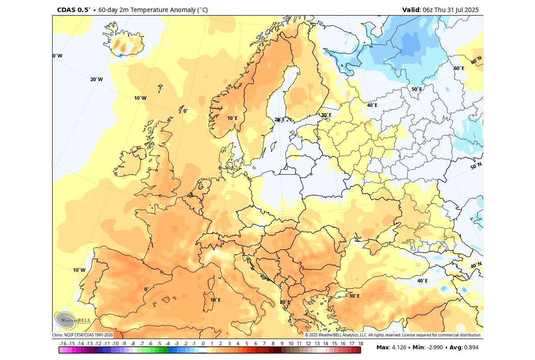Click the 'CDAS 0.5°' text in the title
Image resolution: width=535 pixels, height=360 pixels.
pos(74,10)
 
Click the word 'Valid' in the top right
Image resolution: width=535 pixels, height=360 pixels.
pos(411,10)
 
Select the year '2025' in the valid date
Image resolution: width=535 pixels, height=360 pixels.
pos(471,10)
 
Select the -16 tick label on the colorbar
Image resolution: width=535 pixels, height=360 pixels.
pos(63,344)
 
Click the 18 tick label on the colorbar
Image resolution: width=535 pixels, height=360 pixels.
pos(360,344)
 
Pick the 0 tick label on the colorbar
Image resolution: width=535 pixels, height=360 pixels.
pos(203,344)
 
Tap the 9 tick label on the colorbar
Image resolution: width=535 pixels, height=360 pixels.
pos(282,344)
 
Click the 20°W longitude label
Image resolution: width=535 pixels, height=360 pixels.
pos(97,79)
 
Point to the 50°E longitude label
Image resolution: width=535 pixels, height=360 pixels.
pos(417,89)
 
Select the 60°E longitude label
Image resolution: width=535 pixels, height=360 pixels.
pos(459,68)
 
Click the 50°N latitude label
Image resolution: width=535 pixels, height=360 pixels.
pos(476,166)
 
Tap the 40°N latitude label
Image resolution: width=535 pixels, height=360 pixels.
pos(476,266)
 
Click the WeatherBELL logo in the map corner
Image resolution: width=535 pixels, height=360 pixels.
pos(72,319)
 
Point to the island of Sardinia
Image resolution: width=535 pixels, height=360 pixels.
pos(208,302)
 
